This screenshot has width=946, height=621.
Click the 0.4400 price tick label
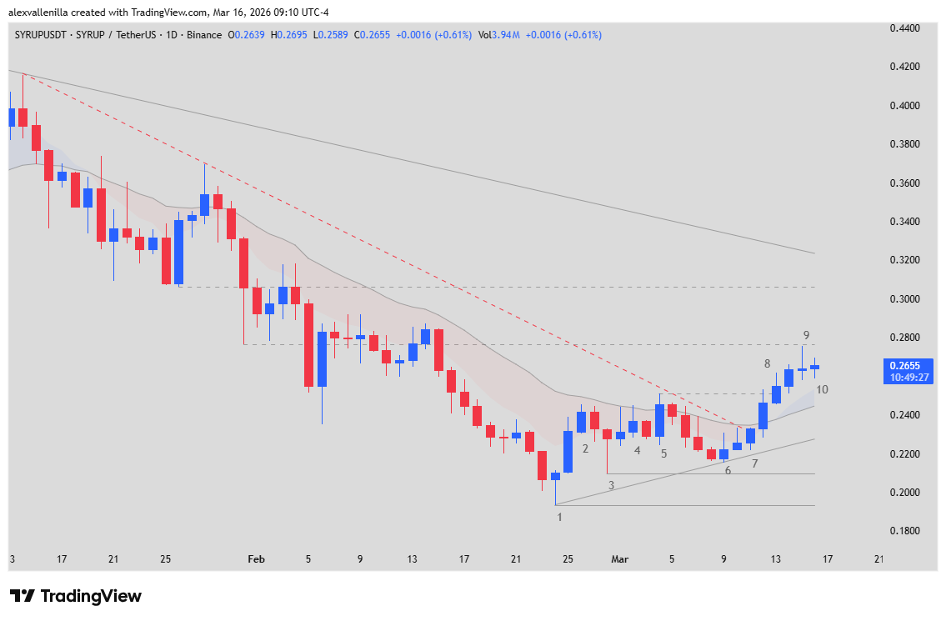[905, 28]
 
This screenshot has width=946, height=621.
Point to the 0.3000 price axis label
[905, 298]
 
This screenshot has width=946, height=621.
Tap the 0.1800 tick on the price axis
[905, 531]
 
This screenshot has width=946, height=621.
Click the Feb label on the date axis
[256, 558]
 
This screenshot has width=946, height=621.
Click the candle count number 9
[807, 335]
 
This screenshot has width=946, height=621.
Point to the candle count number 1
[560, 517]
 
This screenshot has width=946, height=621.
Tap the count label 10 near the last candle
[822, 389]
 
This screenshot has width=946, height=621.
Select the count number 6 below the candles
[728, 470]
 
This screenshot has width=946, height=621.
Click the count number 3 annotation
[611, 484]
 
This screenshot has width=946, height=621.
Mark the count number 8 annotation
[767, 363]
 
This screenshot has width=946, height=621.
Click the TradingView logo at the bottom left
[76, 596]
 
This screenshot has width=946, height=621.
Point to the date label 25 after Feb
[568, 558]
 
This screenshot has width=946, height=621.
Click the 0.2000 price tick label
[905, 492]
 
